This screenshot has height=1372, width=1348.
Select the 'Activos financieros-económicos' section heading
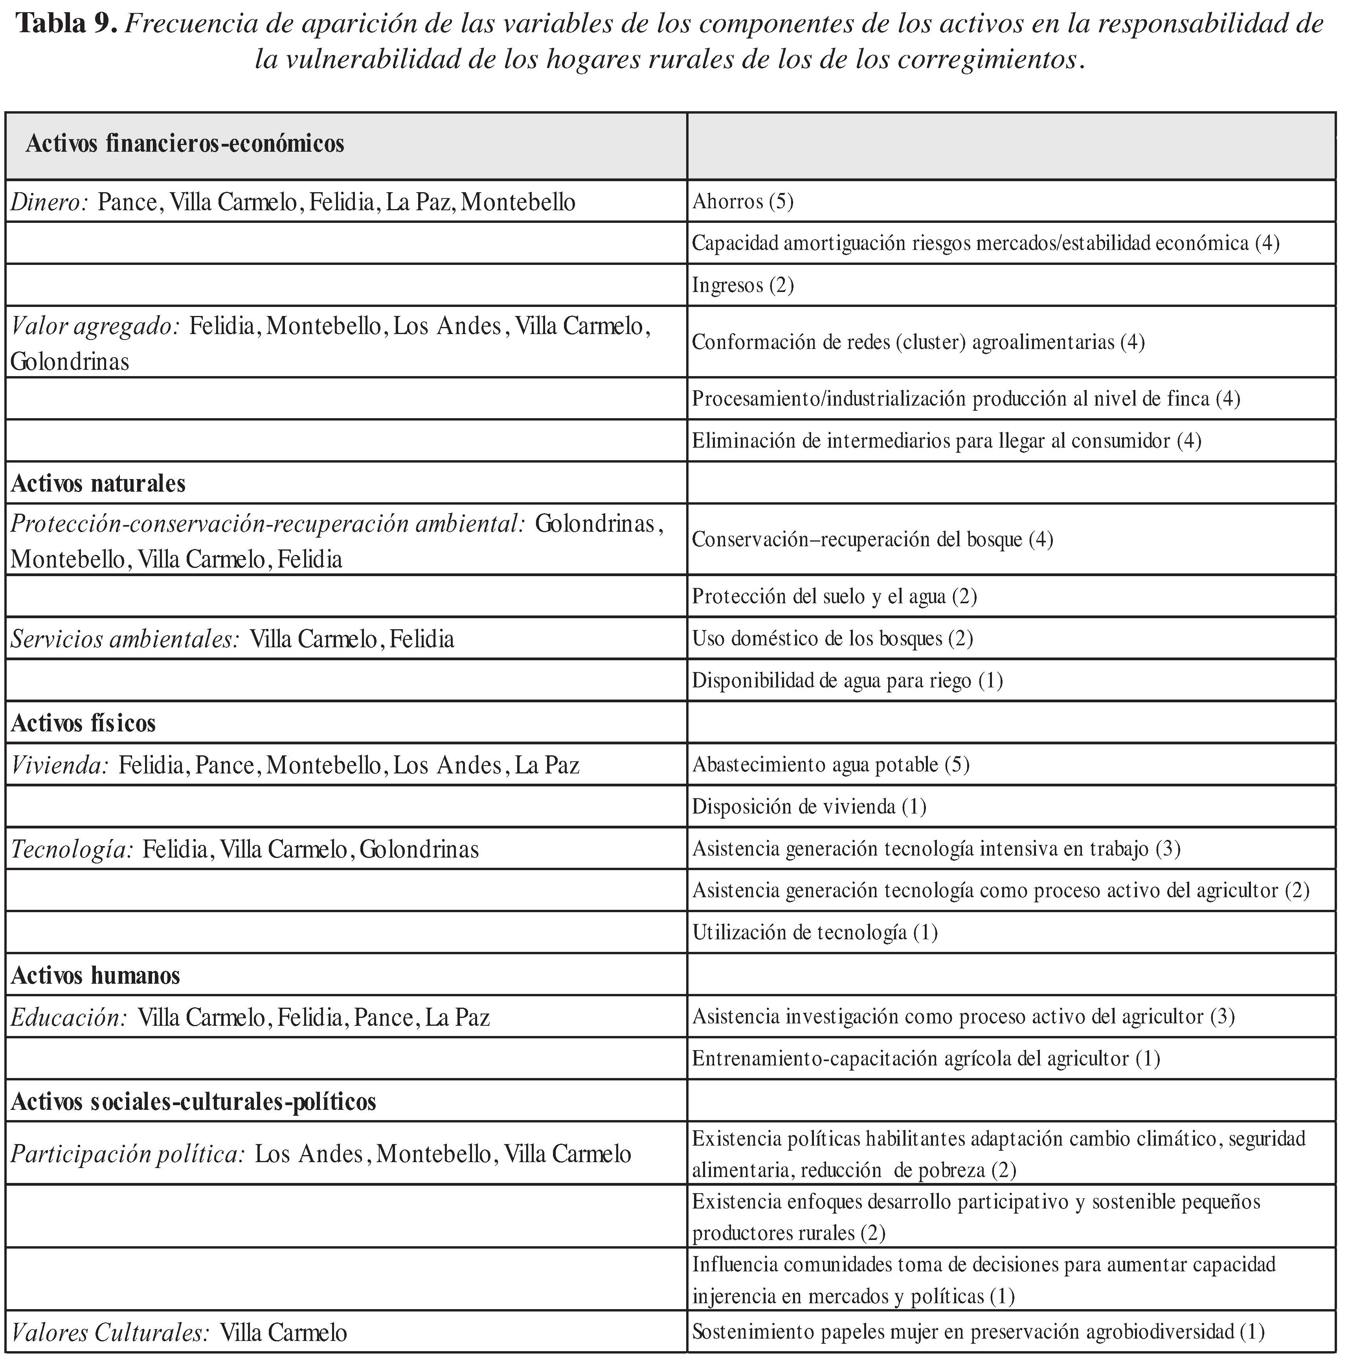click(x=185, y=144)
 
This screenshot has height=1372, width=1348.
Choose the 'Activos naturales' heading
click(x=98, y=483)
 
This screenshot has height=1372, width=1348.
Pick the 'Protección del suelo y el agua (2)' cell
click(x=834, y=596)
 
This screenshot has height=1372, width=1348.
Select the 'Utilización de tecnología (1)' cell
click(x=814, y=932)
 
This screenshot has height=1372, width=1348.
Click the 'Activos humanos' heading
click(x=95, y=975)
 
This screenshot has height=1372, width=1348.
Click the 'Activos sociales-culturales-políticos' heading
click(x=193, y=1102)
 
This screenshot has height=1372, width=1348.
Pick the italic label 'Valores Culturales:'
click(x=110, y=1332)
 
